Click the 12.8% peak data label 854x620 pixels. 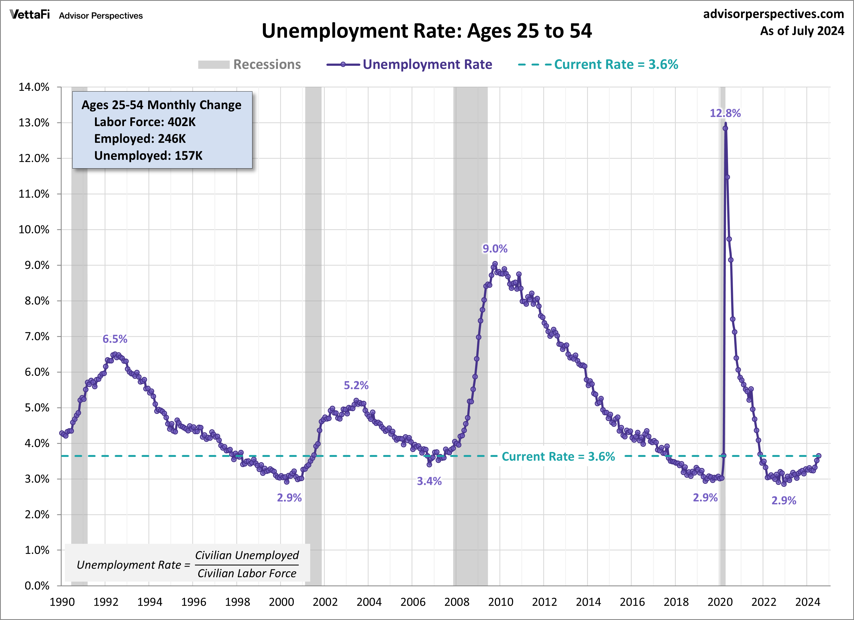click(725, 113)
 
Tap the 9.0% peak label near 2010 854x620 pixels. click(495, 249)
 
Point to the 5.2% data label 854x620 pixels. click(356, 385)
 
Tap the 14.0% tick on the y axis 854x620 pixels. click(34, 87)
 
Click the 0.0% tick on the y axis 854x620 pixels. click(37, 586)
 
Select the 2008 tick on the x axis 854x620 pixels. click(456, 602)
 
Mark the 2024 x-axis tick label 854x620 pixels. click(807, 602)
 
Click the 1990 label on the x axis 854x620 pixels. click(62, 602)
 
